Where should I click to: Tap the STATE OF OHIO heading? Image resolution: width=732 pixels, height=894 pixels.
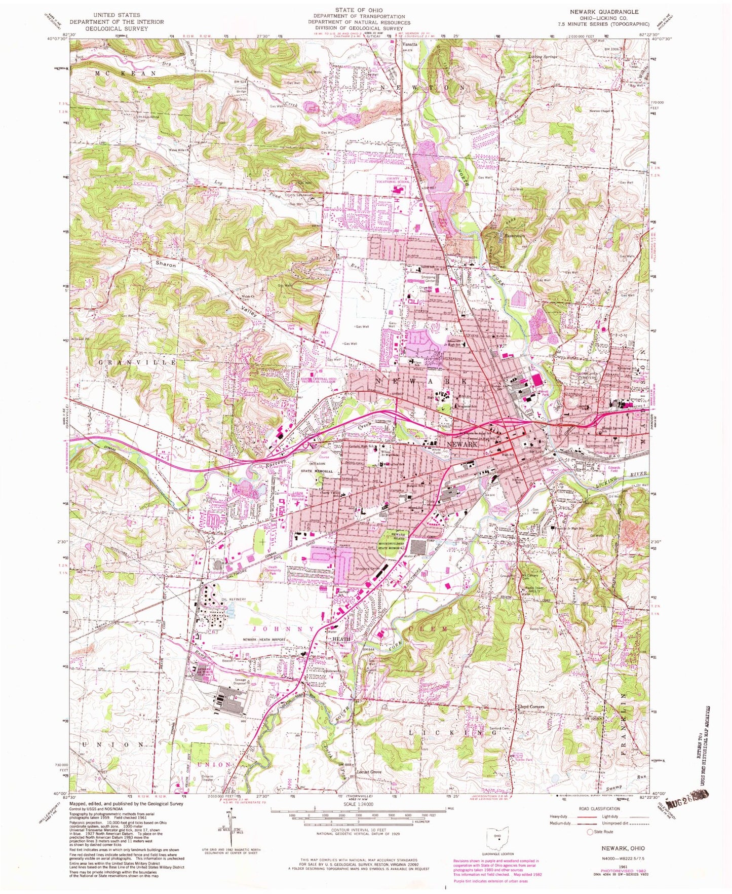coord(358,10)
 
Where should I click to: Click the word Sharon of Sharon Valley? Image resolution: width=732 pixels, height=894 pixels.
coord(166,265)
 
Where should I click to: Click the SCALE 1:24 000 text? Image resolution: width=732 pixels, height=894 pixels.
coord(359,804)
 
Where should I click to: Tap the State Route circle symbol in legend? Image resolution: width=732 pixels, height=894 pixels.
coord(590,832)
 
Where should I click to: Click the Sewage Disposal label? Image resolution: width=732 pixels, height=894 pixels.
coord(240,681)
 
